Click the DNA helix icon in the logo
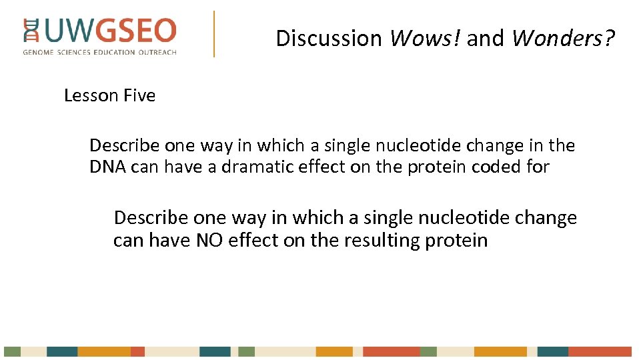(31, 31)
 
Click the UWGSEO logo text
(111, 31)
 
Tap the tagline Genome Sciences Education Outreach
(100, 52)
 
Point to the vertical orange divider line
(214, 33)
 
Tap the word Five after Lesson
(139, 96)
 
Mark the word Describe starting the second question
(151, 218)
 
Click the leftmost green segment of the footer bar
(12, 351)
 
